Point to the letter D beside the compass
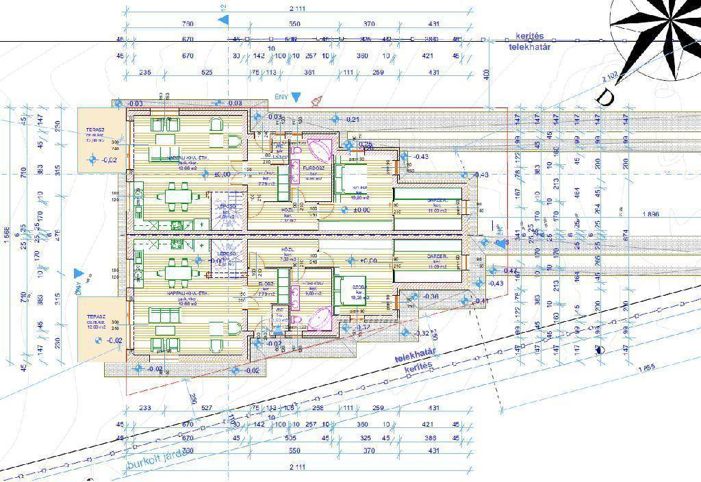coord(605,98)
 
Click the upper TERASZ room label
coord(94,129)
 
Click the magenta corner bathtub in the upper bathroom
coord(318,149)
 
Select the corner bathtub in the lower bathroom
coord(318,319)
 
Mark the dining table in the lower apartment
coord(176,272)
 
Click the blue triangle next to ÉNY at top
coord(295,98)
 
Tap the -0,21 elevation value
coord(353,120)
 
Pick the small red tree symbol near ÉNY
coord(316,101)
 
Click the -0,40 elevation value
coord(481,175)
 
